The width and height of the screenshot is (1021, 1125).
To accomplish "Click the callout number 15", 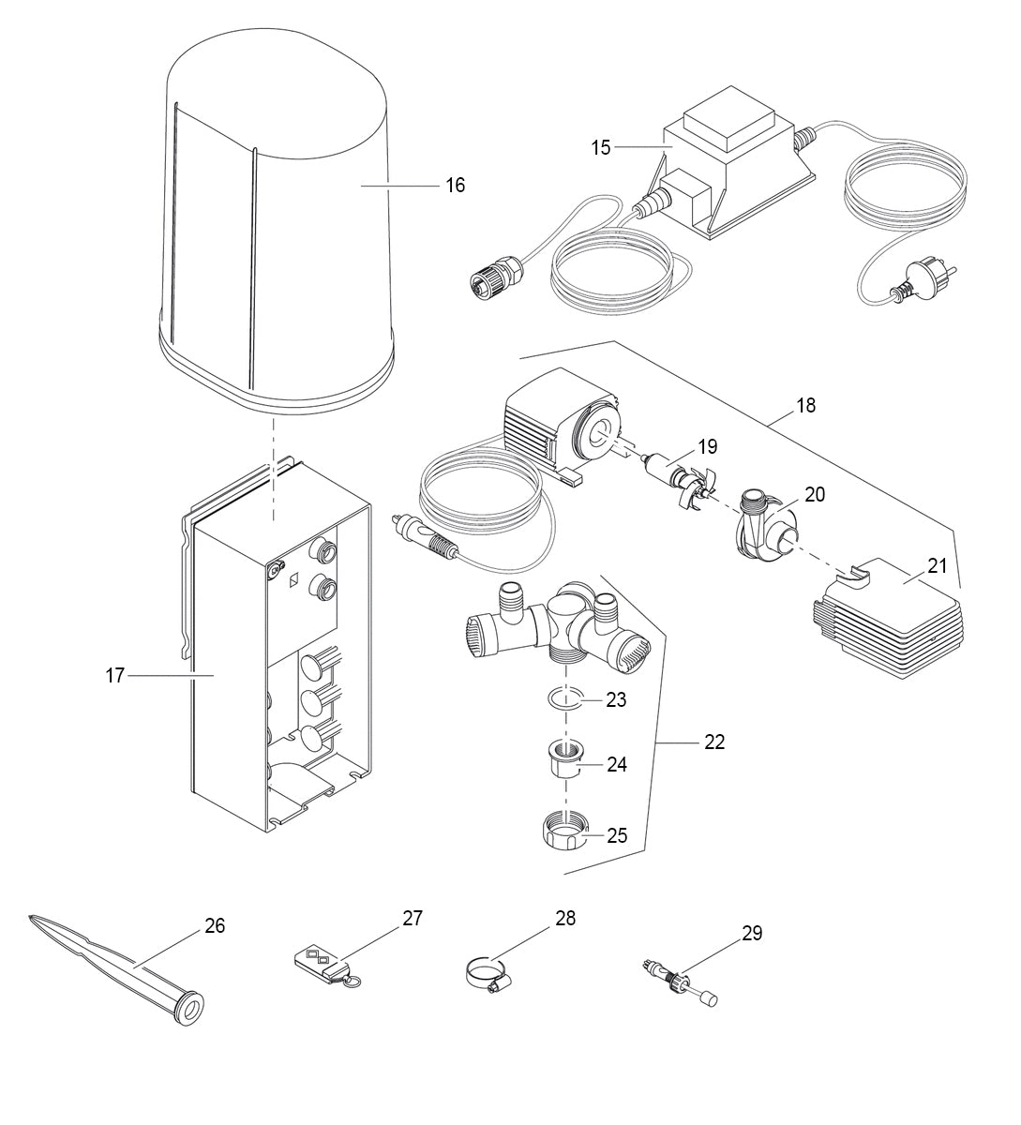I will coord(601,147).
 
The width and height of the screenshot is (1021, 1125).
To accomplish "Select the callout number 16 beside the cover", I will coord(455,186).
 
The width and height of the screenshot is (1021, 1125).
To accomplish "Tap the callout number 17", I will coord(114,675).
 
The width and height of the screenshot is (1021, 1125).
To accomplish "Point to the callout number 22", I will coord(714,742).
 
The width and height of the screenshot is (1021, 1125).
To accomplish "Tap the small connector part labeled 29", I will coord(679,978).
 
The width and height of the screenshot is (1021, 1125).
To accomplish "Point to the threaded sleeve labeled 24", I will coord(564,760).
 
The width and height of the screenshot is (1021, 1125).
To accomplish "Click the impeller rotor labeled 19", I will coord(681,473).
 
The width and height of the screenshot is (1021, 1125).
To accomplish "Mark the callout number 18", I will coord(805,405).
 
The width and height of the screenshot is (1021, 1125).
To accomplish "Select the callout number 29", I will coord(752,933).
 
